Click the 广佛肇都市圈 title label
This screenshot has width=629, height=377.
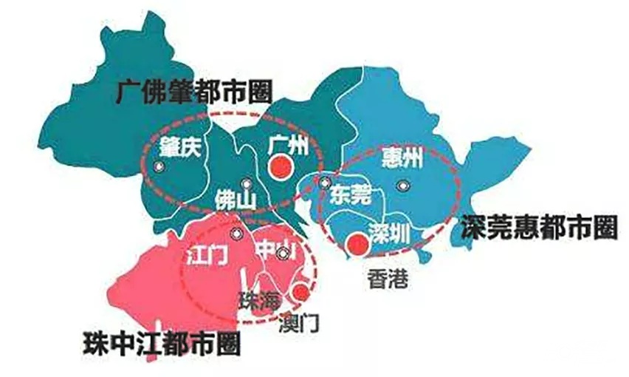click(194, 92)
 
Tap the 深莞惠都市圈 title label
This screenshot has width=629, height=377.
click(538, 228)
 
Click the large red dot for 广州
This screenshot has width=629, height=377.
click(279, 169)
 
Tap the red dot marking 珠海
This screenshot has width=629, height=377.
click(300, 292)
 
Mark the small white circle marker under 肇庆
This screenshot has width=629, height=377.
click(158, 167)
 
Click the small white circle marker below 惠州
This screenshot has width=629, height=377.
click(401, 186)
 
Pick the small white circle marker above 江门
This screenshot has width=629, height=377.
click(236, 234)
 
